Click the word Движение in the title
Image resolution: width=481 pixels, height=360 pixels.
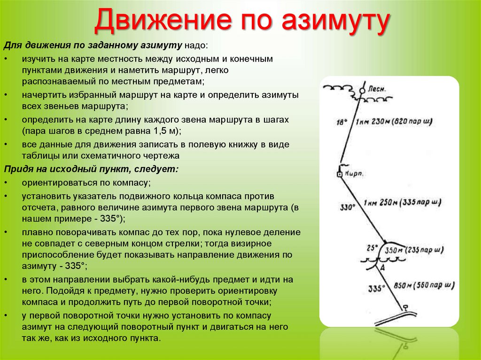(x=163, y=20)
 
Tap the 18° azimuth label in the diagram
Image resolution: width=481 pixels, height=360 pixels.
(x=342, y=122)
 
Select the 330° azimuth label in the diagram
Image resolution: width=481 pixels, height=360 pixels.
(x=348, y=207)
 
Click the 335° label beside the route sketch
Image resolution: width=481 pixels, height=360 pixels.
(x=376, y=289)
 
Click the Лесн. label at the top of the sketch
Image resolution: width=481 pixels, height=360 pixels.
(x=377, y=89)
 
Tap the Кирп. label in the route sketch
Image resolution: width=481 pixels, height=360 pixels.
(x=354, y=173)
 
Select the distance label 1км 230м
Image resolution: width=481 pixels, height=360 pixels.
(x=372, y=122)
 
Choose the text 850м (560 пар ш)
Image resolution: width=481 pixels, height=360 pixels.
(x=424, y=285)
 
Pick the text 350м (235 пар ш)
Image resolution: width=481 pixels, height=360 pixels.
(x=414, y=250)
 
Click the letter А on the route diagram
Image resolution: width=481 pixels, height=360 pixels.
(x=382, y=268)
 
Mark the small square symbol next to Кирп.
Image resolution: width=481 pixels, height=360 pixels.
(x=340, y=174)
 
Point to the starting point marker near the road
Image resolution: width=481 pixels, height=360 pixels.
(x=405, y=307)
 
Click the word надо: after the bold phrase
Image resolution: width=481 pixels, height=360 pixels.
(x=196, y=46)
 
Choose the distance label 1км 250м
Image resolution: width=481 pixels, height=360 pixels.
(x=380, y=202)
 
